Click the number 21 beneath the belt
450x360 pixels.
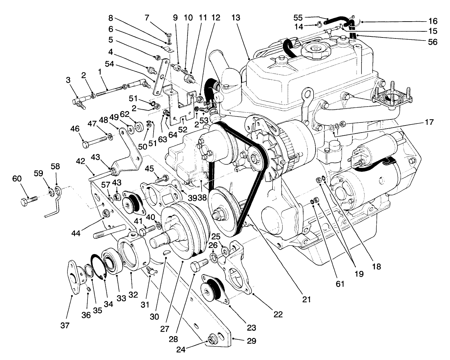click(x=306, y=299)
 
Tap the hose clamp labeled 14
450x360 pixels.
click(x=318, y=24)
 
